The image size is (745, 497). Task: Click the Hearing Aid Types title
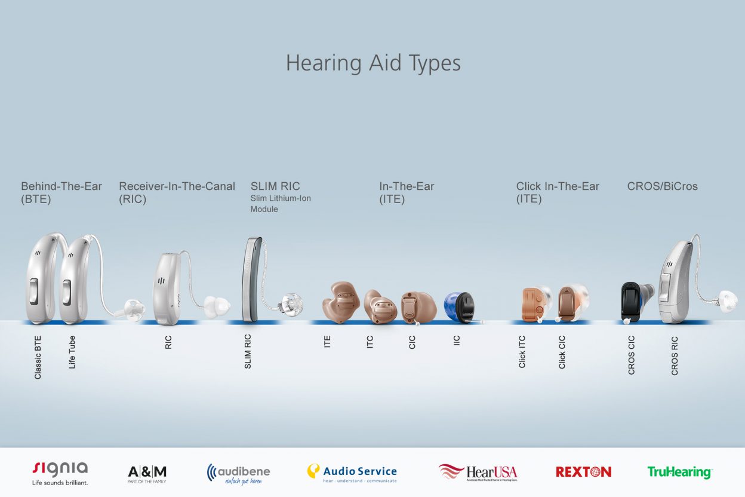[373, 63]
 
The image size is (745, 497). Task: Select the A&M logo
[147, 473]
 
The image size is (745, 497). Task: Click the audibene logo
[238, 473]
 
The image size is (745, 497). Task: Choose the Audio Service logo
[352, 473]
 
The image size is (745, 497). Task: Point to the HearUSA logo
[478, 473]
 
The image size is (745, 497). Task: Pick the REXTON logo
[583, 472]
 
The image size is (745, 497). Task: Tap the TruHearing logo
[680, 472]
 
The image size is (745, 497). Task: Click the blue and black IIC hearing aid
[460, 307]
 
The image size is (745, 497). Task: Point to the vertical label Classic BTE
[38, 357]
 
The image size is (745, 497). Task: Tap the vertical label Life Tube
[72, 352]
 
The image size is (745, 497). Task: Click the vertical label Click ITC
[522, 351]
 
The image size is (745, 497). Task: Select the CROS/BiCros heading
[662, 186]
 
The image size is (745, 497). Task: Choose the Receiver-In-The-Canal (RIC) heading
[177, 192]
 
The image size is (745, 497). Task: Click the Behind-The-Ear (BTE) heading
[61, 192]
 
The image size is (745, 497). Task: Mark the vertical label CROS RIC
[675, 356]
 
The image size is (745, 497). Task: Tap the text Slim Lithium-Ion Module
[281, 204]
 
